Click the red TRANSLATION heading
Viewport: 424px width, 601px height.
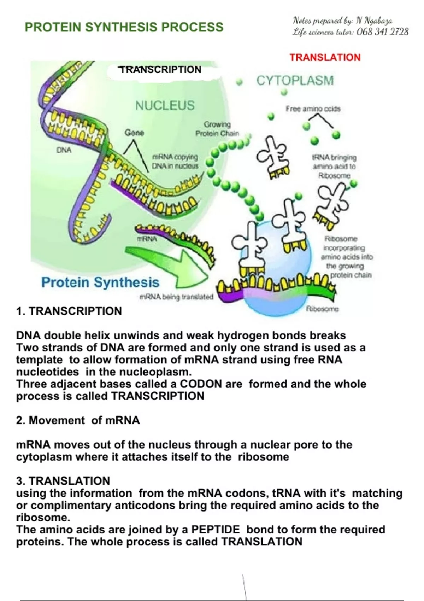pos(325,57)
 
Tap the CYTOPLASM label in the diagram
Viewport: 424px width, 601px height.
pos(295,81)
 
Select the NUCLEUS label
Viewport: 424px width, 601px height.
pos(165,105)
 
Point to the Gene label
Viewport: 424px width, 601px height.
pos(134,133)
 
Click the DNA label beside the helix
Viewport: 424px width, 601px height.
pos(64,150)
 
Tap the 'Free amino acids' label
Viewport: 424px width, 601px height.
pos(313,109)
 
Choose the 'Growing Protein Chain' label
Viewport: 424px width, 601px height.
pos(217,129)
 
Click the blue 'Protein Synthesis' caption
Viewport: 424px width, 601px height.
pos(100,282)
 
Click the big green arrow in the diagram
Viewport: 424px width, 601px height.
pos(177,267)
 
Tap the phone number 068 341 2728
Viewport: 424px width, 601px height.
pos(383,32)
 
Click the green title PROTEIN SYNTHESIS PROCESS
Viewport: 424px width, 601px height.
pos(124,27)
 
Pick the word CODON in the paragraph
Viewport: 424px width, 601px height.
pos(201,384)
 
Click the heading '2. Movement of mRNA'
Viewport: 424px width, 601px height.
pos(78,420)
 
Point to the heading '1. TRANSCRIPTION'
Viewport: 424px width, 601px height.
pos(69,311)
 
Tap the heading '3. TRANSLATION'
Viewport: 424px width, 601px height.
pos(63,481)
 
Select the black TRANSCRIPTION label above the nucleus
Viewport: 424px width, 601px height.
pos(161,70)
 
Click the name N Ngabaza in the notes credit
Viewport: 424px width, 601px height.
pos(374,21)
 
